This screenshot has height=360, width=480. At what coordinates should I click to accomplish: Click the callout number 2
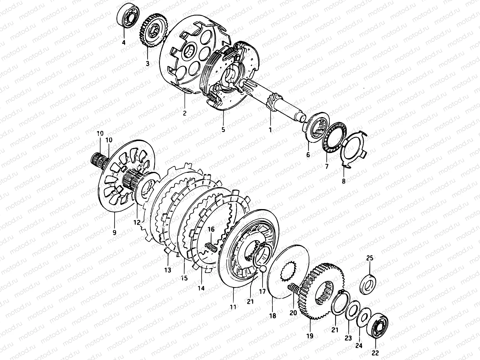(185, 113)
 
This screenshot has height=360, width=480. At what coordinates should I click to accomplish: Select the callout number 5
(223, 130)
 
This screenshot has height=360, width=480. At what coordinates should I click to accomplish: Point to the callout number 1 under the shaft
(270, 130)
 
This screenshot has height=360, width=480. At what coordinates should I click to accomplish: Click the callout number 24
(359, 346)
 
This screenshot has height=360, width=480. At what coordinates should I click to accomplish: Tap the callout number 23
(348, 338)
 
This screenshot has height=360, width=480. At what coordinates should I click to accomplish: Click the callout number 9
(114, 232)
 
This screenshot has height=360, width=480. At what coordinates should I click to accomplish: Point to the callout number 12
(137, 222)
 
